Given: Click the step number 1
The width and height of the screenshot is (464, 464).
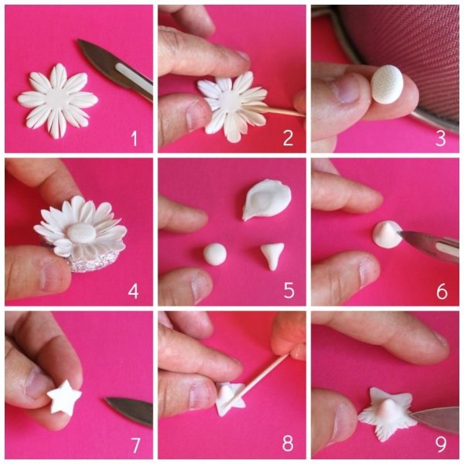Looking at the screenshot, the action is (x=135, y=138).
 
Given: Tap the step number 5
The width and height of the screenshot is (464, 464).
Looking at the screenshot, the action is (x=289, y=290).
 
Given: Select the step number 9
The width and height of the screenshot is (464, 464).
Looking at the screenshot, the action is (x=441, y=444).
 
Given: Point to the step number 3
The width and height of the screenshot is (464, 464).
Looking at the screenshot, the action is (x=441, y=138).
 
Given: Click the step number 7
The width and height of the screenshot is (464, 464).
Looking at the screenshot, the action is (x=135, y=445).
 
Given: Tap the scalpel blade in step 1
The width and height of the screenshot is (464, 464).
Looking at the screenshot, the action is (x=115, y=70).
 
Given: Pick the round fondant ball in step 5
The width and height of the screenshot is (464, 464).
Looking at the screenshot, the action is (x=215, y=254).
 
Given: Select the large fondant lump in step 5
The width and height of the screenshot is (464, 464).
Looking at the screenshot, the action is (x=266, y=200).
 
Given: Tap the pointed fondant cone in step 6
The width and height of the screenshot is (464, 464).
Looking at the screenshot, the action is (x=387, y=234).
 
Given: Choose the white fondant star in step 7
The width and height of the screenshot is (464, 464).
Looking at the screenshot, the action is (x=64, y=397).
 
